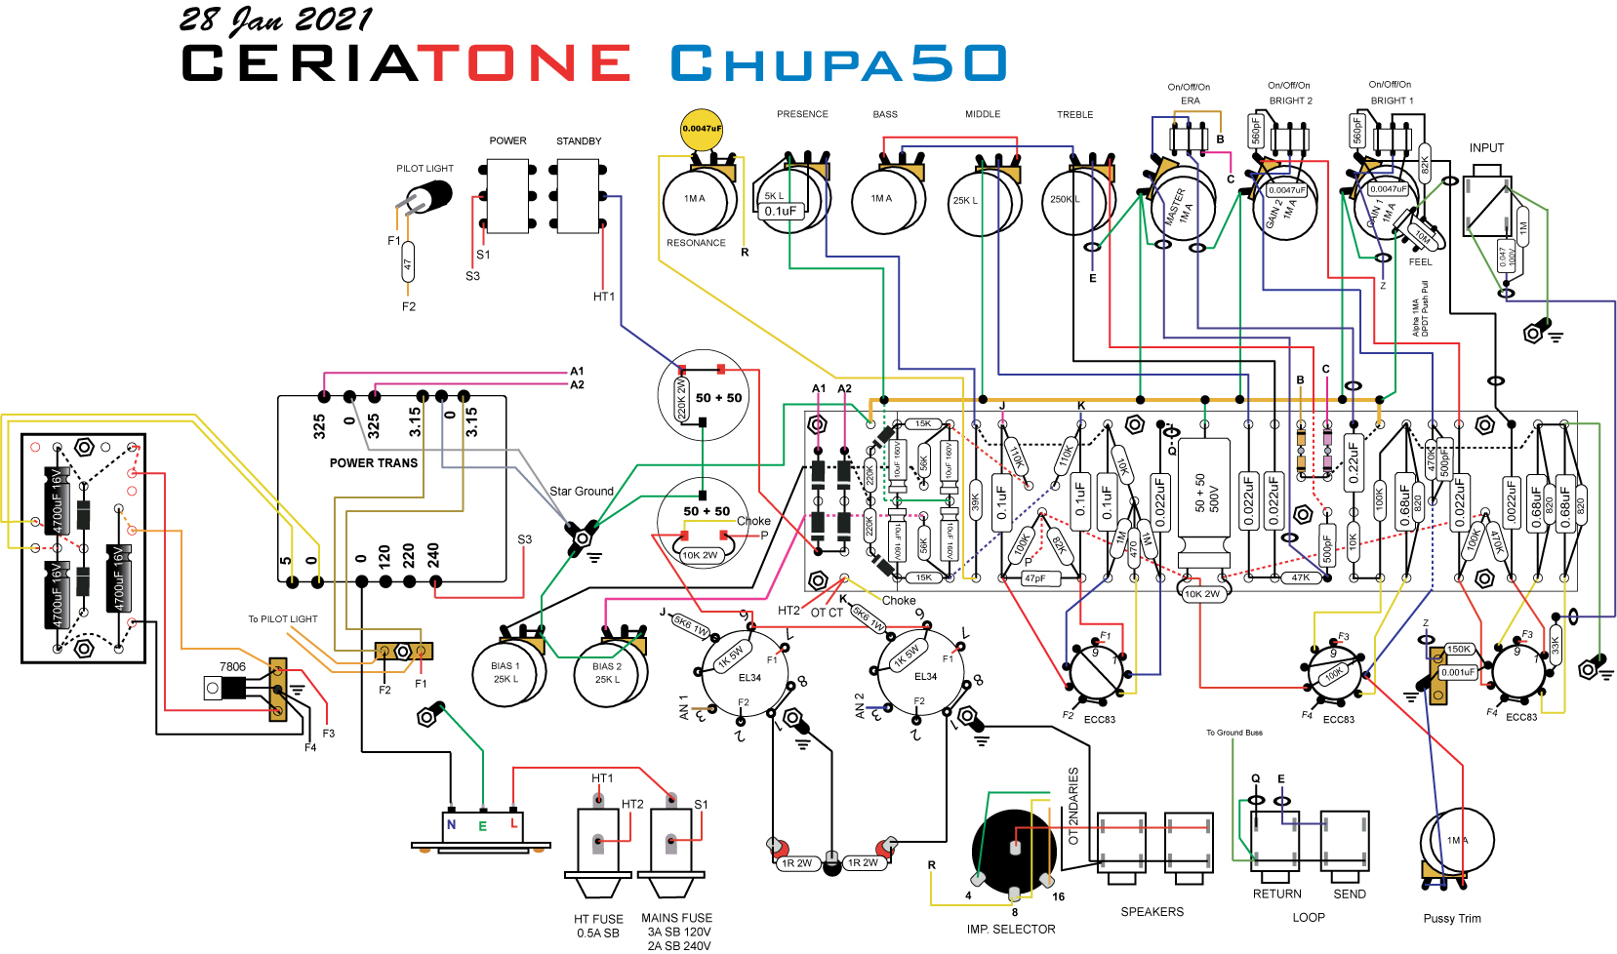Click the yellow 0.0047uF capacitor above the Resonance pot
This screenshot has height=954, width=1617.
coord(702,129)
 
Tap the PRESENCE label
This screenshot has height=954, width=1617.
coord(802,114)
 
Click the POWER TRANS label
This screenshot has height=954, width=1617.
coord(373,462)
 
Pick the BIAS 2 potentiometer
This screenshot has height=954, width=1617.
coord(609,672)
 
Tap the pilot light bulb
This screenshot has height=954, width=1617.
coord(428,195)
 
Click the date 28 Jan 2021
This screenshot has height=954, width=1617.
coord(275,20)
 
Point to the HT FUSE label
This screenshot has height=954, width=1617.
coord(598,919)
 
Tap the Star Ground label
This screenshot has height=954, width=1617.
coord(581,491)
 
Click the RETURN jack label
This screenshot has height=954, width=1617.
coord(1276,894)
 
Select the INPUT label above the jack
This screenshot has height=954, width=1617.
coord(1486,148)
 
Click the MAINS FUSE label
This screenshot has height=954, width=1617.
coord(676,918)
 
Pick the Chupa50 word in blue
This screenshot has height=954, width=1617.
coord(838,63)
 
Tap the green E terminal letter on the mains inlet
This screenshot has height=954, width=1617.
coord(482,825)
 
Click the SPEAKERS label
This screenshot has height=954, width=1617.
coord(1152,912)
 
